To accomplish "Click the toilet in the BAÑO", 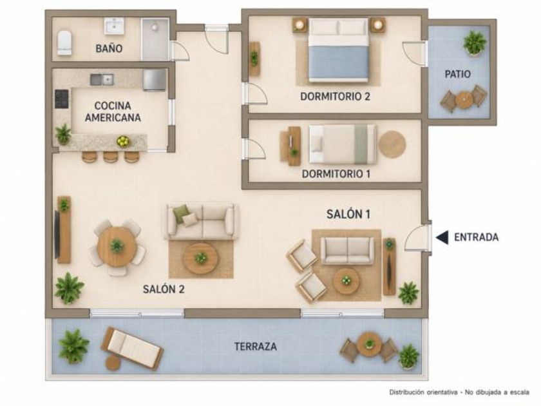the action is click(x=64, y=43).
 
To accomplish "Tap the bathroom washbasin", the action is click(x=114, y=26).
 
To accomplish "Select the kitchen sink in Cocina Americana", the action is click(x=102, y=79).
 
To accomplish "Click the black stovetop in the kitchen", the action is click(x=62, y=99).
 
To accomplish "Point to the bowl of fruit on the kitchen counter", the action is click(x=123, y=141).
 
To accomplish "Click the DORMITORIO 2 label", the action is click(x=335, y=96).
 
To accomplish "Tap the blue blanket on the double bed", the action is click(x=339, y=62).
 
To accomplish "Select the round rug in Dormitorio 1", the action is click(x=392, y=144).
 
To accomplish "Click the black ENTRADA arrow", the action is click(x=442, y=237).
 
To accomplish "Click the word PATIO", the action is click(x=457, y=74).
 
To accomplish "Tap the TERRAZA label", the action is click(x=255, y=346).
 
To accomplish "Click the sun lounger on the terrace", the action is click(x=132, y=349).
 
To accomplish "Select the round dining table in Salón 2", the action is click(x=117, y=246).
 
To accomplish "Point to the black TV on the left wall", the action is click(x=57, y=234).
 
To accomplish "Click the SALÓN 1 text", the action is click(x=348, y=214).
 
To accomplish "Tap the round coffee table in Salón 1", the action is click(x=346, y=280).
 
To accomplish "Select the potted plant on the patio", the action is click(x=475, y=43).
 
